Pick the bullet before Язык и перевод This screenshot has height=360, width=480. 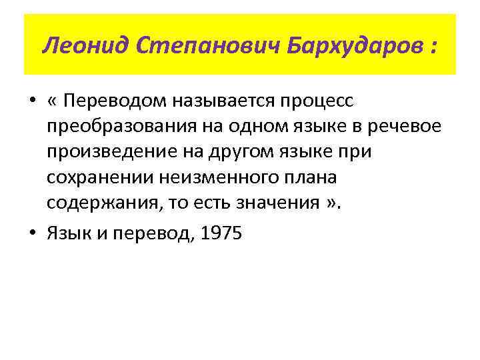[33, 234]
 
